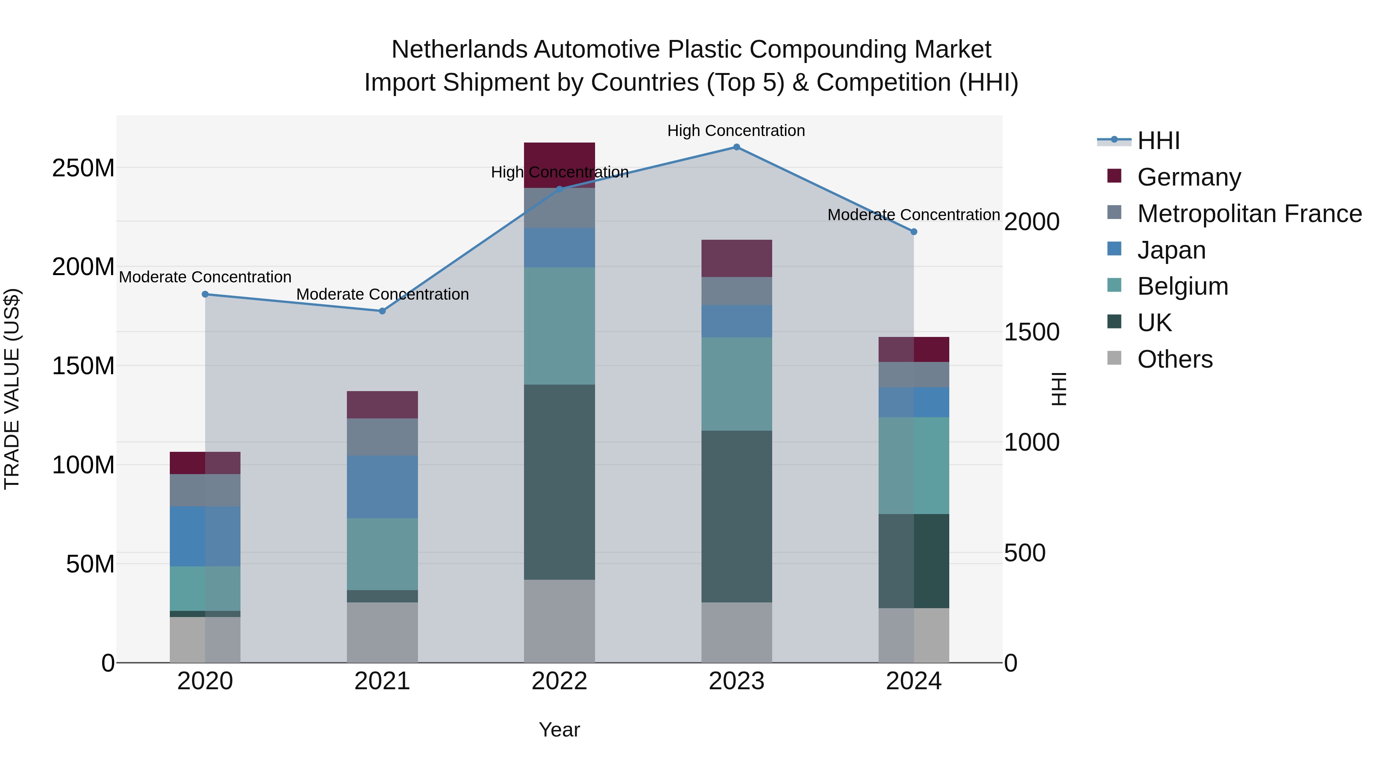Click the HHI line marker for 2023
(x=736, y=147)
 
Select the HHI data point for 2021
(x=382, y=311)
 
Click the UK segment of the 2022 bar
(x=559, y=482)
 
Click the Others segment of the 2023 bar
(x=736, y=632)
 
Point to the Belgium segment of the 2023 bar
(x=736, y=383)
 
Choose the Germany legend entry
(x=1189, y=177)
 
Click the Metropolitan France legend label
(x=1249, y=214)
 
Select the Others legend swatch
(x=1114, y=358)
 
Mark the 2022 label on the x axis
(x=559, y=681)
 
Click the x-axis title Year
(x=559, y=730)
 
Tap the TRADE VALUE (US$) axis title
(x=12, y=389)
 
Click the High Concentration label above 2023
(x=736, y=131)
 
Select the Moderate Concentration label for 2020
(x=205, y=277)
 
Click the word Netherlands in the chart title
(x=459, y=50)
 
